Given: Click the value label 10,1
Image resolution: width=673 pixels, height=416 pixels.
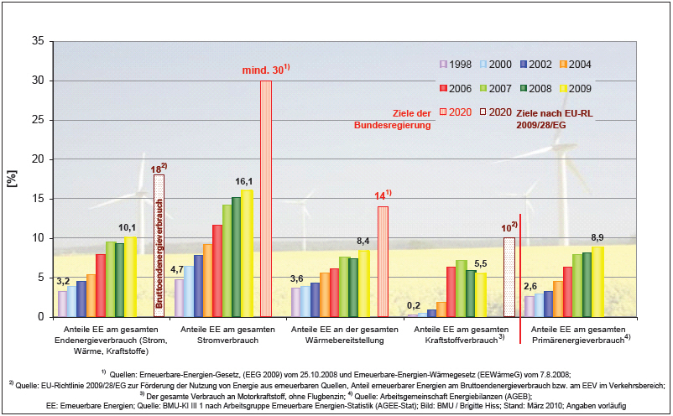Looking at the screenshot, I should tap(126, 227).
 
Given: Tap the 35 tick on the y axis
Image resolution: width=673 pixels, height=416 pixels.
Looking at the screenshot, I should tap(38, 41).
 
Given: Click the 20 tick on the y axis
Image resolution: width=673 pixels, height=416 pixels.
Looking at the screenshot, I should tap(38, 159).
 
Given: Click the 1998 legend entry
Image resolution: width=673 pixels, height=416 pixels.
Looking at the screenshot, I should tap(454, 65).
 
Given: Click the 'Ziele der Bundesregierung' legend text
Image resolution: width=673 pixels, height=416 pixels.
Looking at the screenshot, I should tap(394, 119).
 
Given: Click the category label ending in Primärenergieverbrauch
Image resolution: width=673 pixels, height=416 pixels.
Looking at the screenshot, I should tap(578, 335).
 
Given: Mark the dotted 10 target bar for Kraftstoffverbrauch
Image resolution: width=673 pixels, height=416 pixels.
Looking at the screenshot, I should tap(509, 277).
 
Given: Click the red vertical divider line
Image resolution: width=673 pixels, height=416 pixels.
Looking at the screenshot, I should tap(522, 277).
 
